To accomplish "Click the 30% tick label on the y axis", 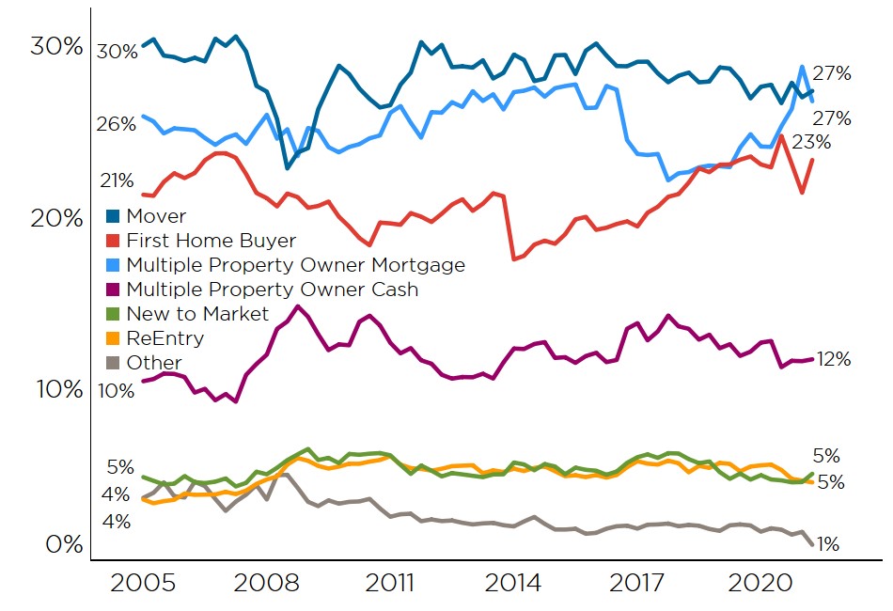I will (57, 46).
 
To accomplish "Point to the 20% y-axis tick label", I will (57, 218).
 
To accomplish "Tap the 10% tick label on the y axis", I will (57, 389).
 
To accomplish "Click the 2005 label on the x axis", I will (143, 583).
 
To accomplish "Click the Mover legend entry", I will (156, 216).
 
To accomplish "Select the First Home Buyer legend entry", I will (211, 241).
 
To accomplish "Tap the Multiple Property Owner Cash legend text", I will (272, 290).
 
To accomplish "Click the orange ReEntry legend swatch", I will (113, 338).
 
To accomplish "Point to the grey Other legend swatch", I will (113, 363).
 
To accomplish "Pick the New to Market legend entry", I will (197, 314).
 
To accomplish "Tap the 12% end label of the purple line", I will (833, 359).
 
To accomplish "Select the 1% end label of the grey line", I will (827, 543).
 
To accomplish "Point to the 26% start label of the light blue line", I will (116, 124).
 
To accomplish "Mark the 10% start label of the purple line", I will (116, 391).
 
